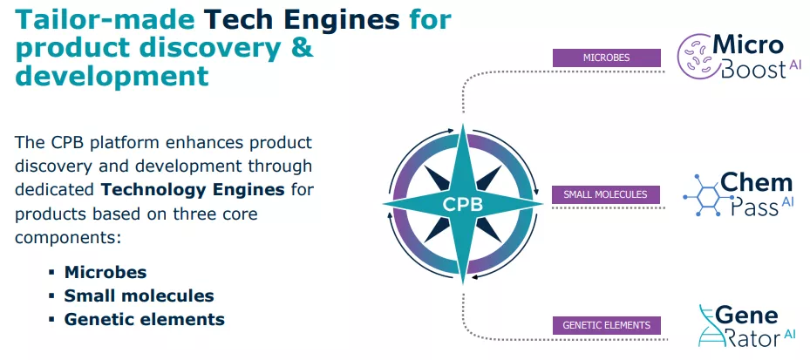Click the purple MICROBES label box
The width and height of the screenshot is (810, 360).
pyautogui.click(x=606, y=58)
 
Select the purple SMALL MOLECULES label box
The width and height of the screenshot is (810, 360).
pyautogui.click(x=605, y=194)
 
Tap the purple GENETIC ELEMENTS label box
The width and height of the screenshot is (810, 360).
pyautogui.click(x=606, y=326)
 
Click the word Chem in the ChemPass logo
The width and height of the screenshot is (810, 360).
pyautogui.click(x=756, y=183)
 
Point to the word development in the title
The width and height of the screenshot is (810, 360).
pyautogui.click(x=112, y=76)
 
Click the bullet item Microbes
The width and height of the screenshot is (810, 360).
pyautogui.click(x=105, y=272)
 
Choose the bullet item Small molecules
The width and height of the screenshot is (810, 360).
pyautogui.click(x=139, y=295)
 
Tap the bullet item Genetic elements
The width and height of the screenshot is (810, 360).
pyautogui.click(x=144, y=319)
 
